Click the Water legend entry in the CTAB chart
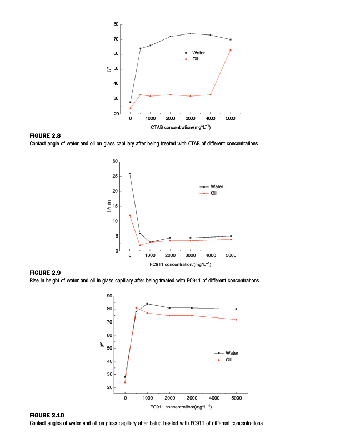(198, 53)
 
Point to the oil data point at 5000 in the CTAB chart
(231, 50)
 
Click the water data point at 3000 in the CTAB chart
(191, 33)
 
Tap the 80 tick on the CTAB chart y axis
(116, 24)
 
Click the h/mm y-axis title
(109, 206)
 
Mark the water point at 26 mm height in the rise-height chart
(130, 173)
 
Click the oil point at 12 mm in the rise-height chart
(130, 215)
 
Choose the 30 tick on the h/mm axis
(116, 162)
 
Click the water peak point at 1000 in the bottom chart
(147, 304)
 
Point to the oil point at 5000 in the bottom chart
(236, 320)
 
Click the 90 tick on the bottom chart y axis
(112, 296)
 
